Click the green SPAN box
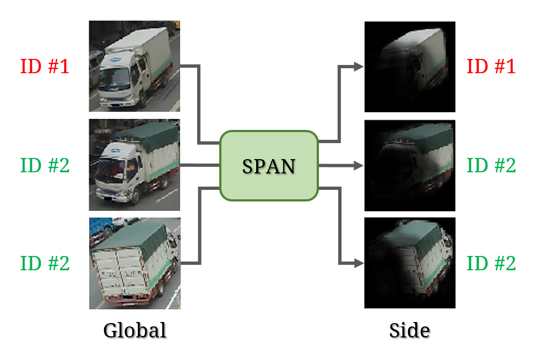[269, 165]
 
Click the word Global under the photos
[135, 330]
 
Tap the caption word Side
[409, 330]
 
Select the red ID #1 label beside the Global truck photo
[45, 67]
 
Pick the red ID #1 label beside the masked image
[491, 67]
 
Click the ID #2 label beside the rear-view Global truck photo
[45, 263]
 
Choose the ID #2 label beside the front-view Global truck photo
[45, 165]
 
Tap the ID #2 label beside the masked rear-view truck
[491, 263]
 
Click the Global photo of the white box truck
[134, 66]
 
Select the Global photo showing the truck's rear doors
[134, 263]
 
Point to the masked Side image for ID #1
[410, 66]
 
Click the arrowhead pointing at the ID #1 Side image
[358, 67]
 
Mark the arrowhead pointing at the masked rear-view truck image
[358, 263]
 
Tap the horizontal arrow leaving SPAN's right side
[339, 165]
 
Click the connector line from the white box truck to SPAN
[199, 105]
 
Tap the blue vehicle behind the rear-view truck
[101, 226]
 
